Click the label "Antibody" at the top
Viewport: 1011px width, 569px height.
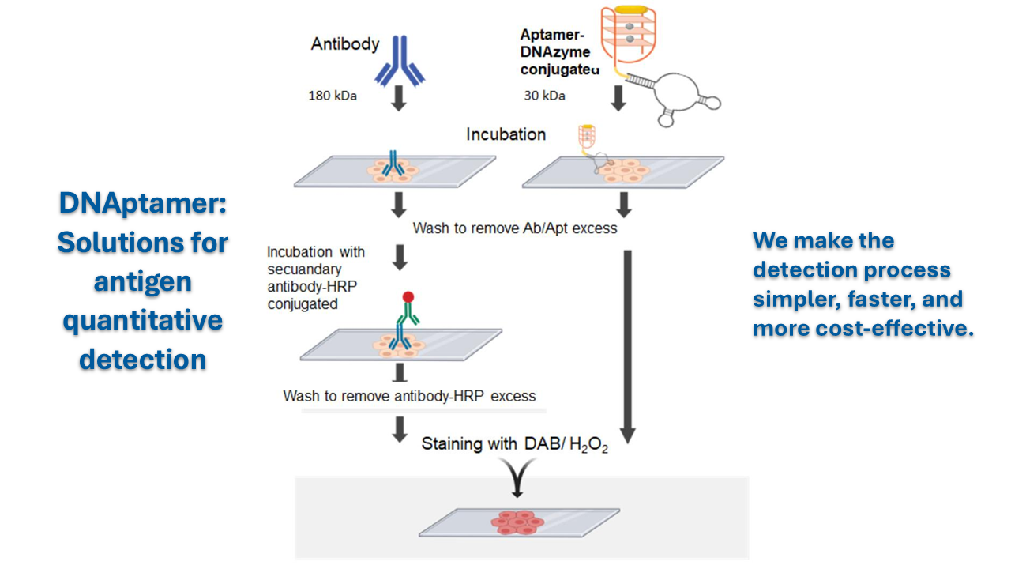(x=345, y=44)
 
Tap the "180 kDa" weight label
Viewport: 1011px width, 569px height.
(x=333, y=96)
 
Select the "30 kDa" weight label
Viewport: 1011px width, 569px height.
(x=544, y=96)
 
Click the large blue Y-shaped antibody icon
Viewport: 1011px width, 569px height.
(x=400, y=61)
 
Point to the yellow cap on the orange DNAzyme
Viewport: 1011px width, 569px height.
(x=631, y=9)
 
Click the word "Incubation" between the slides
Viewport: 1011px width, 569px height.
(x=506, y=134)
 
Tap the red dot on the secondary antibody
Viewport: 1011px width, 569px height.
(x=408, y=296)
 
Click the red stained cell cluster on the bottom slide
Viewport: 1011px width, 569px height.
(x=517, y=522)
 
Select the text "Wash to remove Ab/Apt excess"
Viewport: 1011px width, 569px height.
(x=515, y=228)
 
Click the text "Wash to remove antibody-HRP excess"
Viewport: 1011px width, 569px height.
(x=409, y=396)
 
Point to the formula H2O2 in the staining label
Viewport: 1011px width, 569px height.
(x=589, y=444)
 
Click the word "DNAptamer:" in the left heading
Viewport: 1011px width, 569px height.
(x=143, y=203)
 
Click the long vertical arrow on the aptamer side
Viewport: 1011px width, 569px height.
(x=628, y=347)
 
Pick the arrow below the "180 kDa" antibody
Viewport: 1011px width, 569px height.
(x=399, y=99)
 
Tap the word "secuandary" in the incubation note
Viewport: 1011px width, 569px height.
(x=304, y=269)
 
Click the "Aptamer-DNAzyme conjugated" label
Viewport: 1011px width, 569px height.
(x=559, y=52)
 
